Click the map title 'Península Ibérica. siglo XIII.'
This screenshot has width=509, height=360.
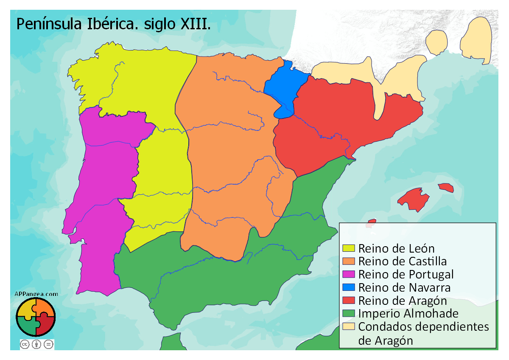tap(113, 24)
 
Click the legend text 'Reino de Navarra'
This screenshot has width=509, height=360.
tap(404, 287)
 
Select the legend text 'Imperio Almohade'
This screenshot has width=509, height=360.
tap(408, 314)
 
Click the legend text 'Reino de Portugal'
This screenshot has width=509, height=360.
tap(406, 274)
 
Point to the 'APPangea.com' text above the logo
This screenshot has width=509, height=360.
tap(36, 294)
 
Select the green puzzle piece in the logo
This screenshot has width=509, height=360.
tap(27, 326)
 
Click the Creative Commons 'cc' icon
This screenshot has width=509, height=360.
tap(25, 344)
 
